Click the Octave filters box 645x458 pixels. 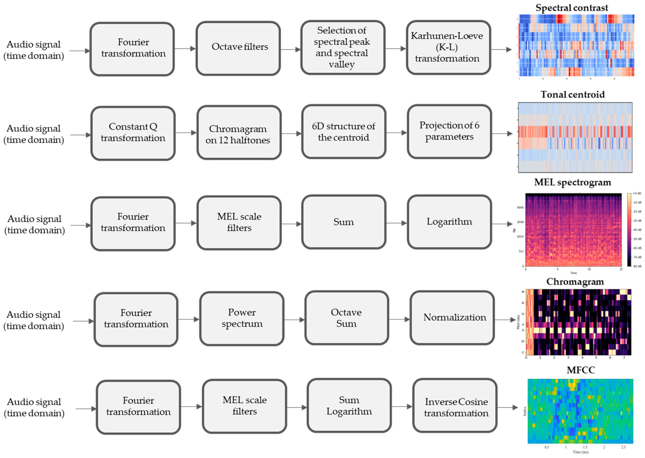238,49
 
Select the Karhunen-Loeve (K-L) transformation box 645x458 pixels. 449,47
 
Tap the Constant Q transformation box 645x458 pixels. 133,133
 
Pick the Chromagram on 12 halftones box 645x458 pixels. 239,133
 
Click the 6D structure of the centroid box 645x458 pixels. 344,132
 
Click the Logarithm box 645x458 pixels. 449,222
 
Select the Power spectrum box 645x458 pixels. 242,318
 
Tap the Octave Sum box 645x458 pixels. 346,318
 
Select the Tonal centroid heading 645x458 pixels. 572,94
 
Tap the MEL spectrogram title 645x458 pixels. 572,182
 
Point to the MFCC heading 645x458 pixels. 580,370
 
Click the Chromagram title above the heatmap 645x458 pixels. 575,282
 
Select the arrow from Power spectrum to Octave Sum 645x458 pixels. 294,320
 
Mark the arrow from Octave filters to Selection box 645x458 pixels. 291,50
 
